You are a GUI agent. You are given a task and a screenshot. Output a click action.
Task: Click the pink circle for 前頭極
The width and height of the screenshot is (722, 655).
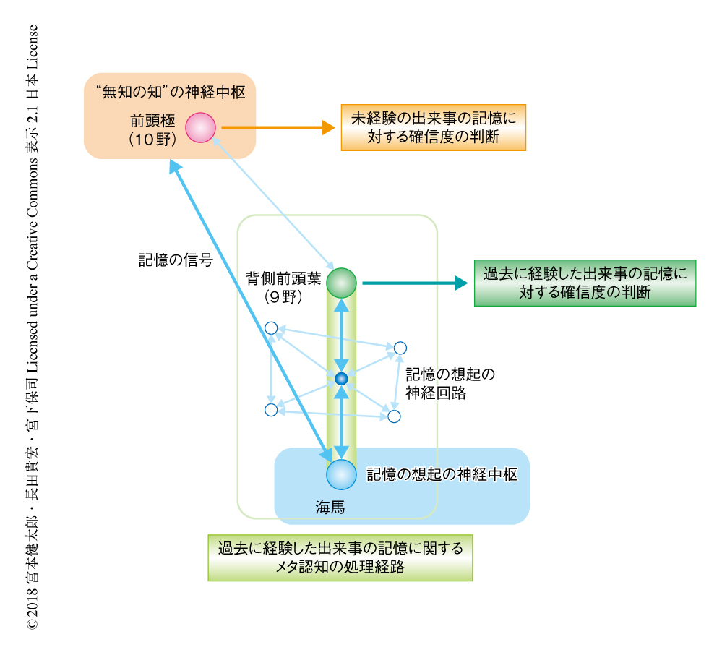tap(200, 127)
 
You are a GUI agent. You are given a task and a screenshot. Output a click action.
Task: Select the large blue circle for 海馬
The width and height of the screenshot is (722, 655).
tap(341, 474)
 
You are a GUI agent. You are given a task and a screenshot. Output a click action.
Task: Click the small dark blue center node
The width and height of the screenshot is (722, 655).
tap(342, 378)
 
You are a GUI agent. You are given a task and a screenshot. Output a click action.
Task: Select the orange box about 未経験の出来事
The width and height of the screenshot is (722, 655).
tap(433, 127)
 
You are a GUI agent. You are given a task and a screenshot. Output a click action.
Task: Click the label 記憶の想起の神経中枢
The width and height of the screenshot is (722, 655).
tap(442, 475)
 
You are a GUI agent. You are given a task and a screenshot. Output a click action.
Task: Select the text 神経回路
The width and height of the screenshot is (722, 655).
tap(435, 393)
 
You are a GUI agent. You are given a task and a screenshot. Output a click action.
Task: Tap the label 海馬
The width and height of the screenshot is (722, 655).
tap(330, 508)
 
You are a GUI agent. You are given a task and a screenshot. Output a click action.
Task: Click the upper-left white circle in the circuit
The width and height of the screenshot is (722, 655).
tap(271, 328)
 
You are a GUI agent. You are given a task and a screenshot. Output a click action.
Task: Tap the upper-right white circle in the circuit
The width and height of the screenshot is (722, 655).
tap(400, 348)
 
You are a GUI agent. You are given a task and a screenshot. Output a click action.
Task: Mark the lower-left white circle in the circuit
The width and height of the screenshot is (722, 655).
tap(271, 410)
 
